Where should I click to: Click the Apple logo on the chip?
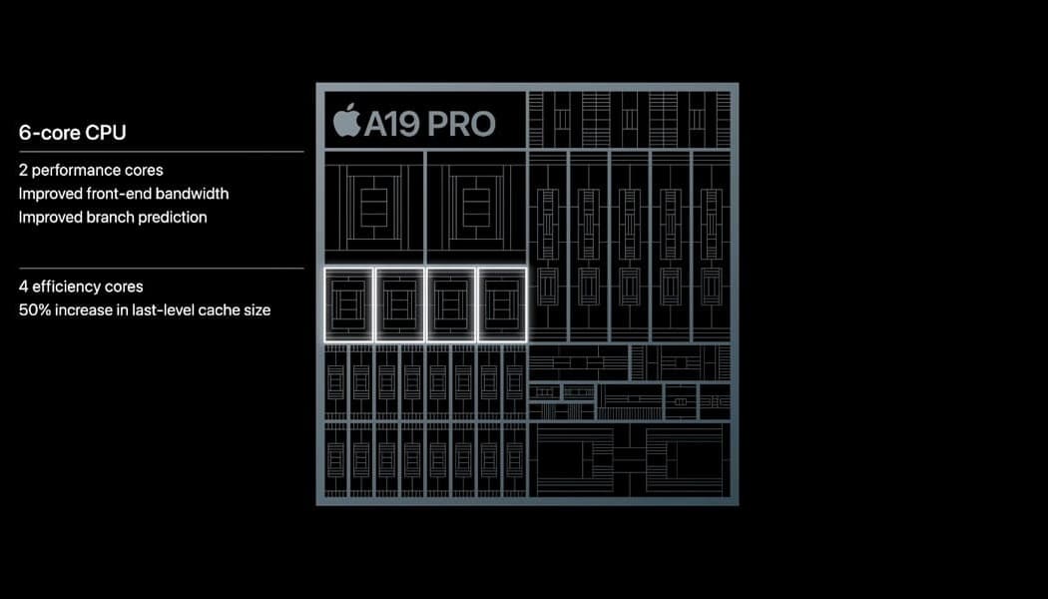[347, 121]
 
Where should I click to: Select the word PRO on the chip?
[462, 124]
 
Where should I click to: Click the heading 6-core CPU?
[72, 133]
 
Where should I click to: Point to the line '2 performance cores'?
[91, 171]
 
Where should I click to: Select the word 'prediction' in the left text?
[169, 218]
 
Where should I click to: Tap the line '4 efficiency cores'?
[81, 287]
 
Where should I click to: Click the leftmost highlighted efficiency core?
[349, 304]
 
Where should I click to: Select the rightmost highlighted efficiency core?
[502, 304]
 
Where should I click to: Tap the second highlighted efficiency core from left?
[399, 304]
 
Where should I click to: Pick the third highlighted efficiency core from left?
[451, 304]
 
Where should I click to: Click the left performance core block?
[373, 208]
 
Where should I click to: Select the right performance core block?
[476, 208]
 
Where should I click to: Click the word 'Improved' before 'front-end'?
[50, 194]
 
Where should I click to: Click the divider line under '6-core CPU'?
[161, 152]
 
